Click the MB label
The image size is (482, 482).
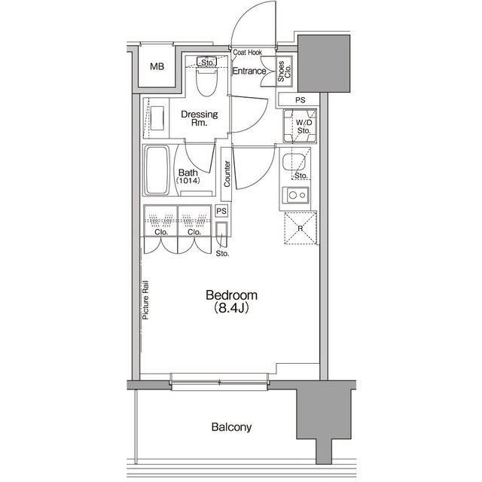pyautogui.click(x=157, y=66)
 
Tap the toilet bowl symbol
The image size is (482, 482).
pyautogui.click(x=207, y=81)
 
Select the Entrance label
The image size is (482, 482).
pyautogui.click(x=249, y=71)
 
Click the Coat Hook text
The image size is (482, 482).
pyautogui.click(x=248, y=52)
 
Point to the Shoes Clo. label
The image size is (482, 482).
pyautogui.click(x=284, y=72)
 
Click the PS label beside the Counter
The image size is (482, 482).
pyautogui.click(x=221, y=211)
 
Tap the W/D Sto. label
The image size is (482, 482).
pyautogui.click(x=304, y=127)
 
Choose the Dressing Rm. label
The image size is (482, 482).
pyautogui.click(x=199, y=118)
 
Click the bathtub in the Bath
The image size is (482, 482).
pyautogui.click(x=157, y=170)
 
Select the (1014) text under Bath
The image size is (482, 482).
pyautogui.click(x=188, y=181)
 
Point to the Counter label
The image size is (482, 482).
pyautogui.click(x=227, y=174)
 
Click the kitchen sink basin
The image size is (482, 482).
pyautogui.click(x=294, y=162)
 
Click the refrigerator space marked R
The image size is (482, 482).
pyautogui.click(x=300, y=228)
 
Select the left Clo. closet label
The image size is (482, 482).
pyautogui.click(x=161, y=232)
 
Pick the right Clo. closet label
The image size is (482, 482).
pyautogui.click(x=194, y=232)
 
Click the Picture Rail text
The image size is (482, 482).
pyautogui.click(x=145, y=300)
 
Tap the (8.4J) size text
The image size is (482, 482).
pyautogui.click(x=231, y=308)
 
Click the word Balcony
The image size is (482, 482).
pyautogui.click(x=231, y=427)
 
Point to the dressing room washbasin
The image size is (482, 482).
pyautogui.click(x=157, y=118)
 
